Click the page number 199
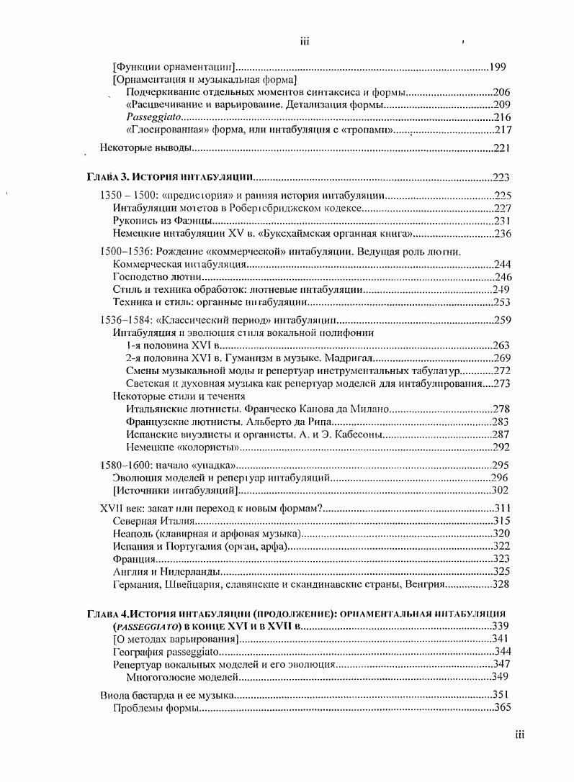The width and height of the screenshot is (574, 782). point(497,68)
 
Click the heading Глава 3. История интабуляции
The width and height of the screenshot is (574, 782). point(169,177)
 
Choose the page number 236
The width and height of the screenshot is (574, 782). point(501,234)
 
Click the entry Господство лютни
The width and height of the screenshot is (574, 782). point(156,277)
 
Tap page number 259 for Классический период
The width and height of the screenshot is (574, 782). point(501,320)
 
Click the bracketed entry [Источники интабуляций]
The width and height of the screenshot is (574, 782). point(176,491)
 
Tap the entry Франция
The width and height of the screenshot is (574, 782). point(135,559)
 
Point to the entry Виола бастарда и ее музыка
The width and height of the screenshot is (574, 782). point(166,695)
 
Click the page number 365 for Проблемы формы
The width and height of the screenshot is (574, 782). point(501,708)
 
